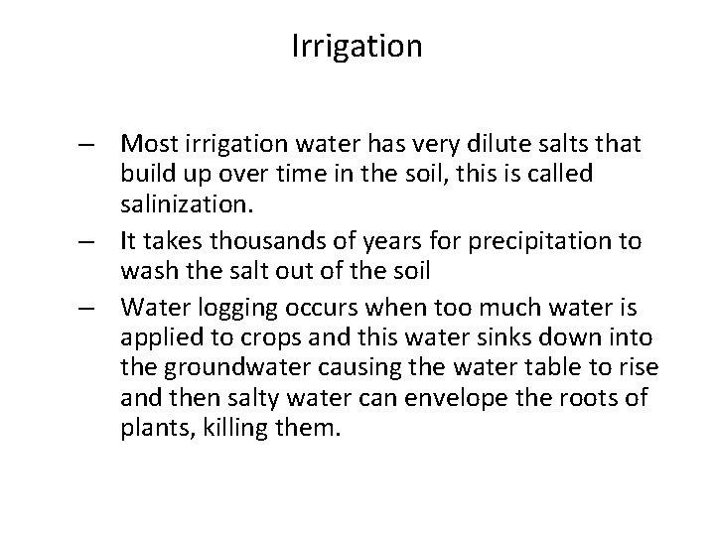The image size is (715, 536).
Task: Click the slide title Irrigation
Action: click(x=357, y=47)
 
